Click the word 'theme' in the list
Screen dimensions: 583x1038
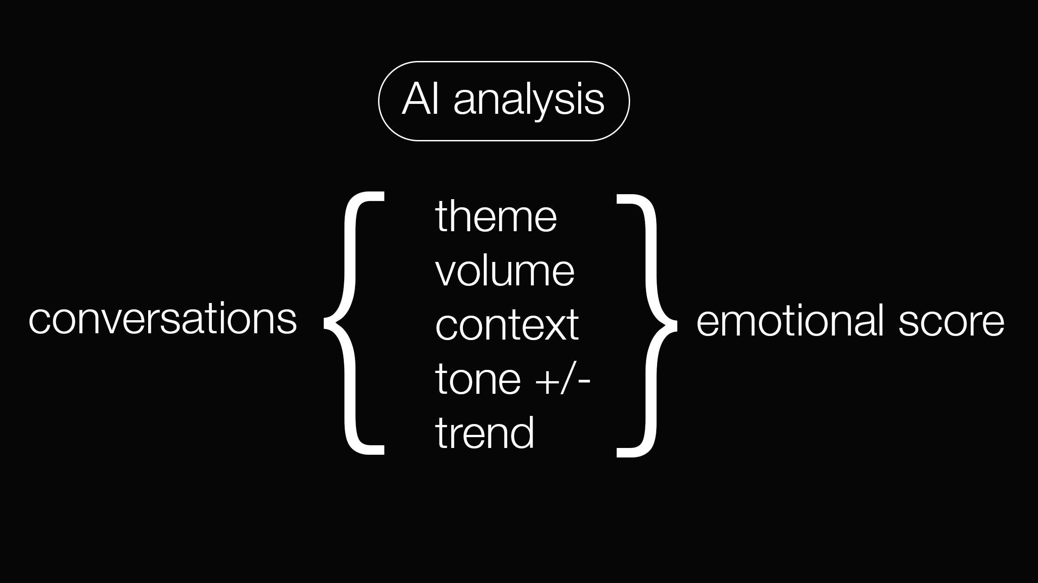point(496,217)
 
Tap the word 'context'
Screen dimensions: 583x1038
point(506,325)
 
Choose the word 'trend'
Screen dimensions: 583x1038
point(485,433)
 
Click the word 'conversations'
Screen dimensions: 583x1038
point(163,319)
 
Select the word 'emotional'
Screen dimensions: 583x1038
point(790,321)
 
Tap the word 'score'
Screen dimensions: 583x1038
point(951,321)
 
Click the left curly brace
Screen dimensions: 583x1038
point(351,323)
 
